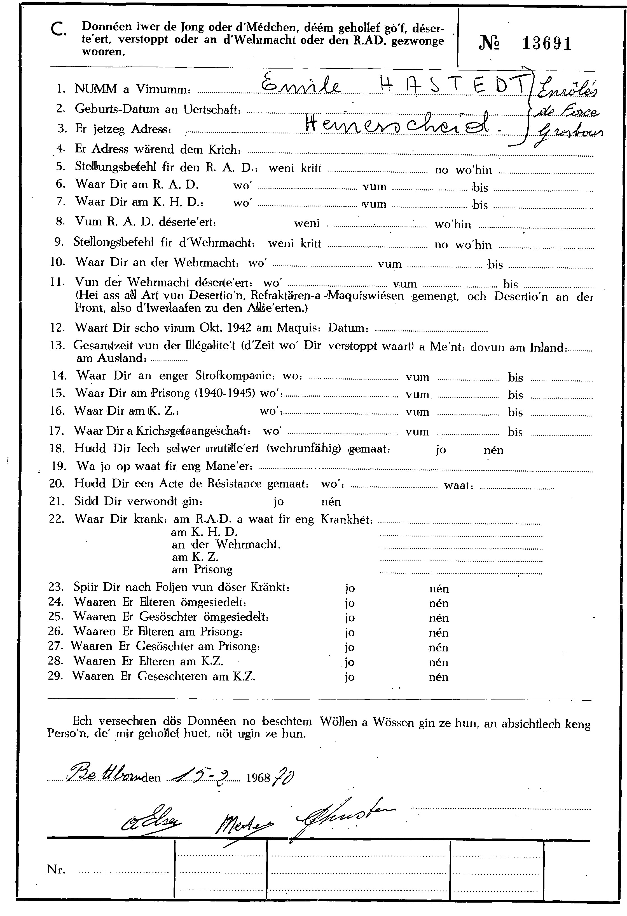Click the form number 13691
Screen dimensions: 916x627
(547, 44)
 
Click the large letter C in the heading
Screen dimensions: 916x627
(59, 30)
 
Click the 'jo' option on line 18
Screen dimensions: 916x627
(441, 450)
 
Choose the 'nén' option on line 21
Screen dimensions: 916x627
(331, 502)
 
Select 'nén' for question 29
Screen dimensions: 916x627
(439, 677)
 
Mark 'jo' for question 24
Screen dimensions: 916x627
(350, 603)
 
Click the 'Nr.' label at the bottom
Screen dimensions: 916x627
(56, 869)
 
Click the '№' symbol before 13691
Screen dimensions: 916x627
(490, 43)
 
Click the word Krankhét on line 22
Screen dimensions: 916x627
(346, 519)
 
